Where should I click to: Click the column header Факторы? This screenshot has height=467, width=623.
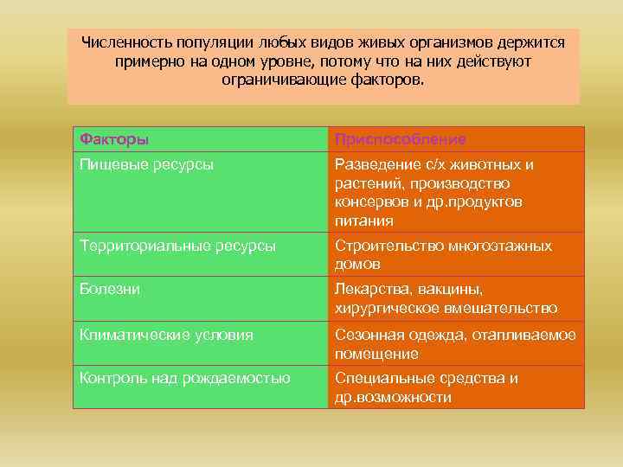tap(114, 139)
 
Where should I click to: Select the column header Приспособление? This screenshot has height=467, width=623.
tap(400, 139)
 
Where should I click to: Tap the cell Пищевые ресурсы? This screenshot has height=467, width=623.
tap(147, 163)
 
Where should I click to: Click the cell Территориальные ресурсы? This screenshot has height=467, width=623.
tap(177, 246)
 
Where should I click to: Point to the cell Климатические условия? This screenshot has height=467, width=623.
tap(166, 335)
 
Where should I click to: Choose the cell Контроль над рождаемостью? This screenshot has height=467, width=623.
tap(184, 378)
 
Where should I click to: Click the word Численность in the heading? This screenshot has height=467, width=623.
tap(125, 42)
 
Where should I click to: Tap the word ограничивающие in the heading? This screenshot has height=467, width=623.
tap(277, 80)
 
